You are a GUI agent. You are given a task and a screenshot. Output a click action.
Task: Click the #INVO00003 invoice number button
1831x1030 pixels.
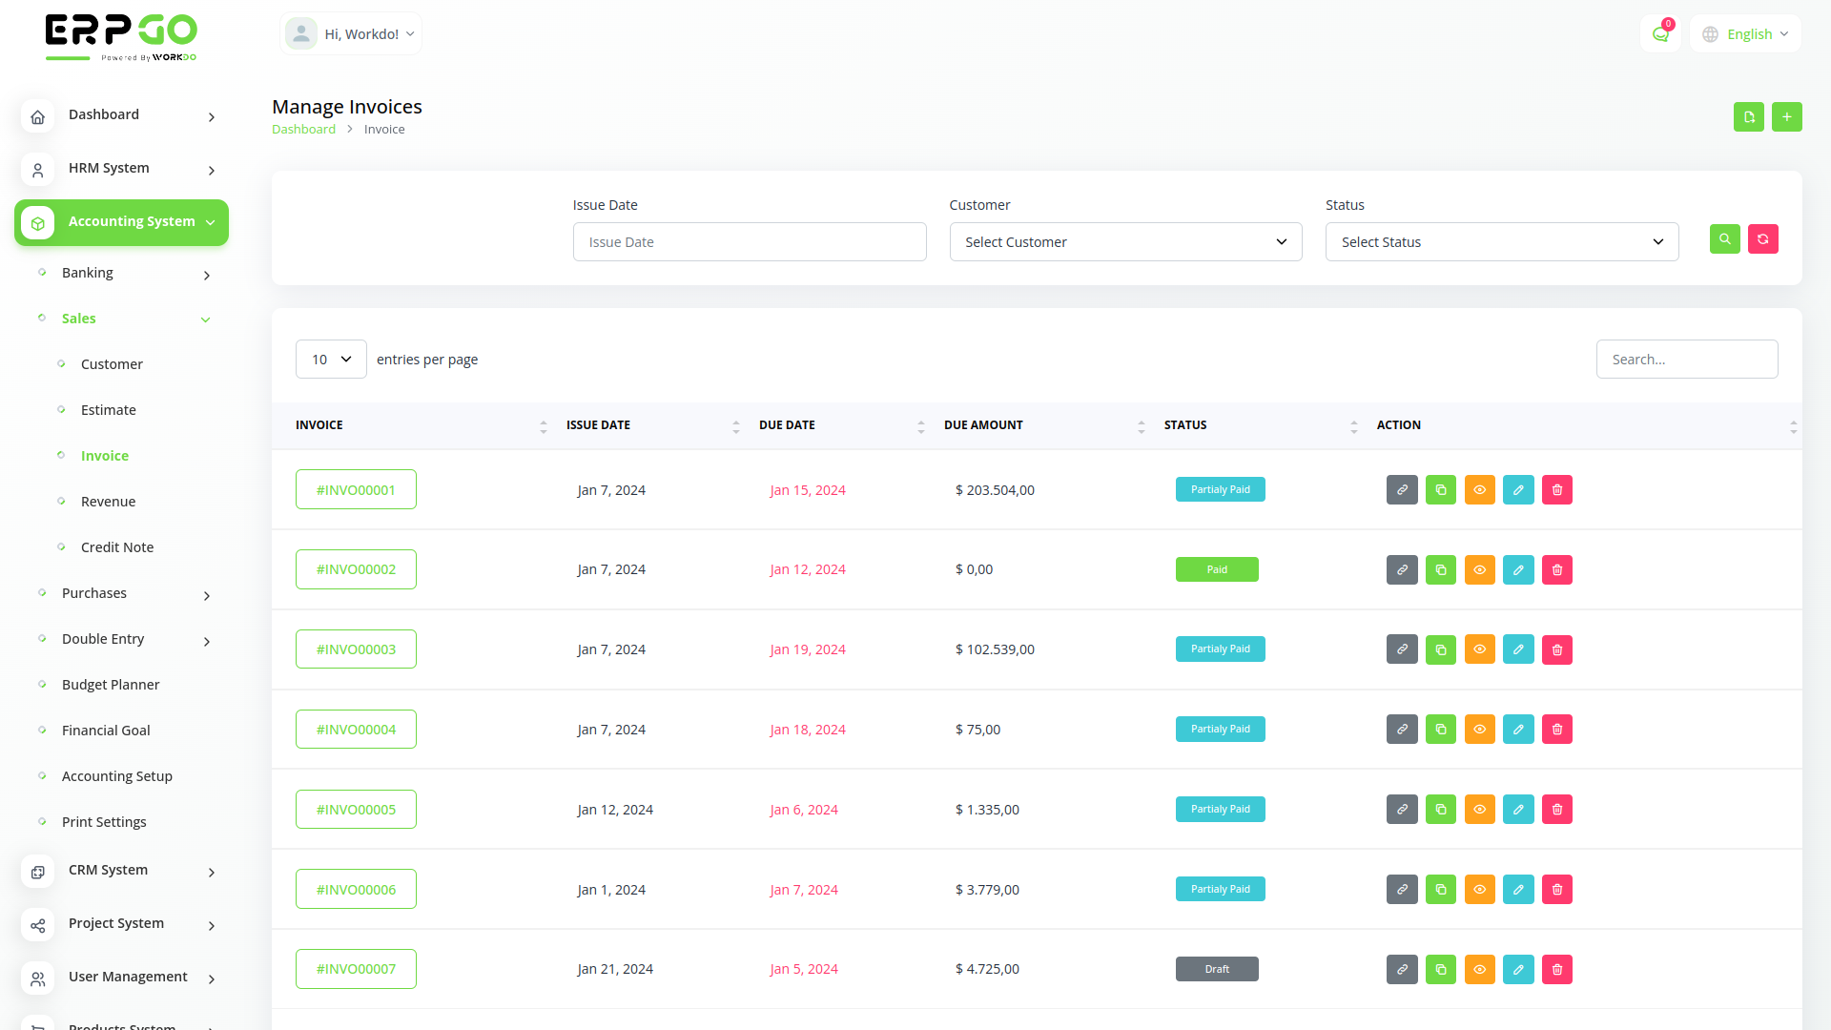pyautogui.click(x=356, y=649)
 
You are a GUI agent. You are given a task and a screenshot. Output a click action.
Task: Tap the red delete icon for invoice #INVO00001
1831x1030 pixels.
pyautogui.click(x=1557, y=490)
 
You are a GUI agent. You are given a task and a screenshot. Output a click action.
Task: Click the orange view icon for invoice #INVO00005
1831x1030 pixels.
pyautogui.click(x=1479, y=810)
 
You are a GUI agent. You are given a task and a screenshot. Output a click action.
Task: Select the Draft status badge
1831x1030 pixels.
pyautogui.click(x=1217, y=969)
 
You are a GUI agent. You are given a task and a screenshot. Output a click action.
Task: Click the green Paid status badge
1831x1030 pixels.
pyautogui.click(x=1217, y=569)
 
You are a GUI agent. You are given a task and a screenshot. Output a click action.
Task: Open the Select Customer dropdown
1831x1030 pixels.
pyautogui.click(x=1125, y=242)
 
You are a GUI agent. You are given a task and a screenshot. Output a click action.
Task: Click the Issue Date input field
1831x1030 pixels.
pyautogui.click(x=750, y=242)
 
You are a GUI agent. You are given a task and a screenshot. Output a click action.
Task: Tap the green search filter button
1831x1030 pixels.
pyautogui.click(x=1724, y=239)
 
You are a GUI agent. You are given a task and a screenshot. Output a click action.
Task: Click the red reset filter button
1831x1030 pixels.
pyautogui.click(x=1763, y=239)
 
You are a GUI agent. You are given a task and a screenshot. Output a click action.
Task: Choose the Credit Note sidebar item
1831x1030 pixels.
pyautogui.click(x=117, y=547)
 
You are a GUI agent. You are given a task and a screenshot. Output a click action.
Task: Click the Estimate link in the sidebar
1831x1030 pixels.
pyautogui.click(x=109, y=410)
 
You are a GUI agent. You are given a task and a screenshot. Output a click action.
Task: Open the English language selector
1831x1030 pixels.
pyautogui.click(x=1746, y=34)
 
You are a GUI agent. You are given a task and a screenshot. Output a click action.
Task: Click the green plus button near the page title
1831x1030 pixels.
pyautogui.click(x=1787, y=117)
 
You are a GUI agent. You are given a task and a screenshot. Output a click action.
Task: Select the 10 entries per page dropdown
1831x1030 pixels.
pyautogui.click(x=331, y=360)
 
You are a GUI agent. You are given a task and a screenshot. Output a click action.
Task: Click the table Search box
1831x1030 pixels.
pyautogui.click(x=1686, y=360)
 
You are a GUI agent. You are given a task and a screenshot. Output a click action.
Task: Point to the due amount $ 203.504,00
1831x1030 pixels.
pyautogui.click(x=995, y=490)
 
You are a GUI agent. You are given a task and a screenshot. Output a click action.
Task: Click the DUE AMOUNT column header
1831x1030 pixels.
pyautogui.click(x=983, y=425)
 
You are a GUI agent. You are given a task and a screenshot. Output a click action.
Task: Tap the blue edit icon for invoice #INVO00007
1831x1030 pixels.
pyautogui.click(x=1518, y=970)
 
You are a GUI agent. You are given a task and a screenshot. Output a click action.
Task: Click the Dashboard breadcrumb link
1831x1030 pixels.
pyautogui.click(x=303, y=130)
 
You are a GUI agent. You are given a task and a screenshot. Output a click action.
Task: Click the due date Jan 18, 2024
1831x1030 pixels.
pyautogui.click(x=808, y=730)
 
